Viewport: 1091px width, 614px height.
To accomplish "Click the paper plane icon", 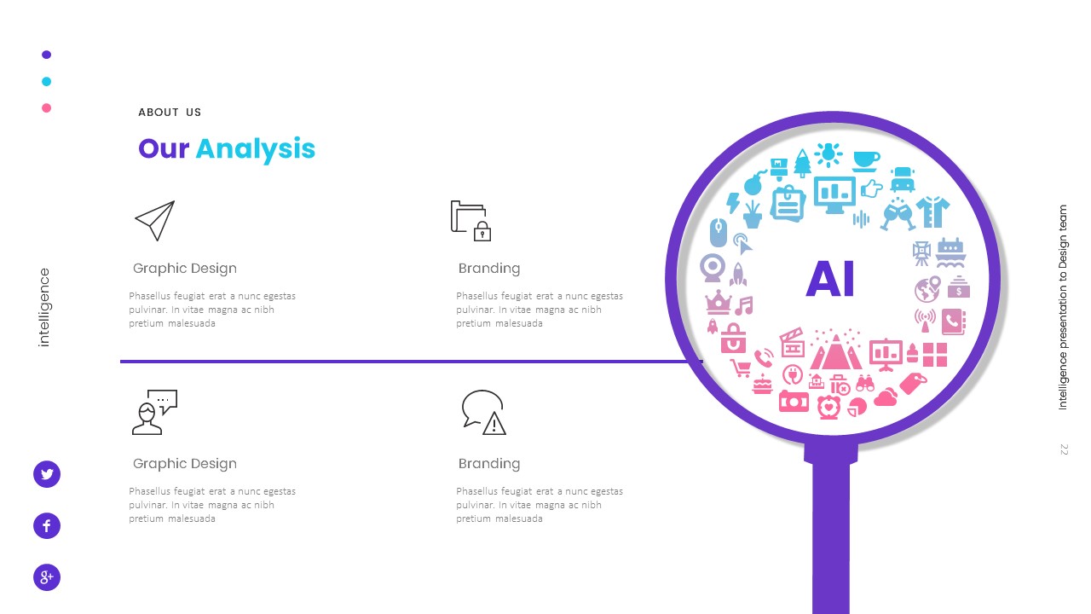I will [154, 221].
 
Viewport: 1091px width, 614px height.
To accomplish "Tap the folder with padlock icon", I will [470, 221].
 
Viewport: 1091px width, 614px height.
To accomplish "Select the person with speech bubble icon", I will [154, 412].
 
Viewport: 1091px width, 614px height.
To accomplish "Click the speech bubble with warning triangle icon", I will [483, 412].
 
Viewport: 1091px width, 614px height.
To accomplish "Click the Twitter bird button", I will [47, 474].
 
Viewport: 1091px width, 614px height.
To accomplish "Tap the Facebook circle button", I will [47, 526].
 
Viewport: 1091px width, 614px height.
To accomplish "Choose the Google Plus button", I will [47, 577].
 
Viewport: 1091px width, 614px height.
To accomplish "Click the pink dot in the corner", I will [47, 108].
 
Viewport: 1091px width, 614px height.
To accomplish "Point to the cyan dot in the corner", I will [47, 82].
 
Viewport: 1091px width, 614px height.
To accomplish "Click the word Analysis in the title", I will [255, 149].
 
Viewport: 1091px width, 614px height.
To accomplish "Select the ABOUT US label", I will [170, 113].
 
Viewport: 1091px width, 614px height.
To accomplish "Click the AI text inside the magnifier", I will [830, 279].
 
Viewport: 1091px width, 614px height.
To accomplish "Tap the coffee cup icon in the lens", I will [866, 159].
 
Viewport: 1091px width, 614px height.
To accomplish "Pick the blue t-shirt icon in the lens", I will [932, 211].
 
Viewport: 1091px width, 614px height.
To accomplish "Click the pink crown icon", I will [719, 302].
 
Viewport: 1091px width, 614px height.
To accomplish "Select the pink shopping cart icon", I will [741, 368].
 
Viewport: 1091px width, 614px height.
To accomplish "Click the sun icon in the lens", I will [828, 154].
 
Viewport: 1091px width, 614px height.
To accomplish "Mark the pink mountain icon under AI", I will [835, 349].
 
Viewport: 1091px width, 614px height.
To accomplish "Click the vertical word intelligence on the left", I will [45, 307].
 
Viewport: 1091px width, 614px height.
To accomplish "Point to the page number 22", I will [1064, 449].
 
